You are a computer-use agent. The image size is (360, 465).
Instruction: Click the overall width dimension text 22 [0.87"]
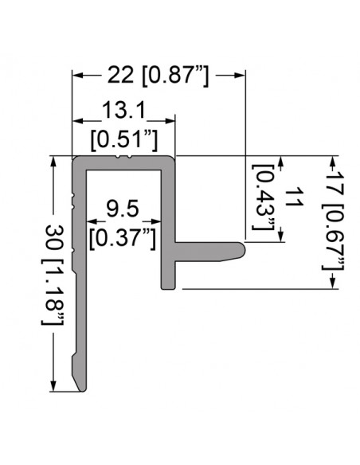(158, 76)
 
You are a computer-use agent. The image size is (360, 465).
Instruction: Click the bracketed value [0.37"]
(123, 237)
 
